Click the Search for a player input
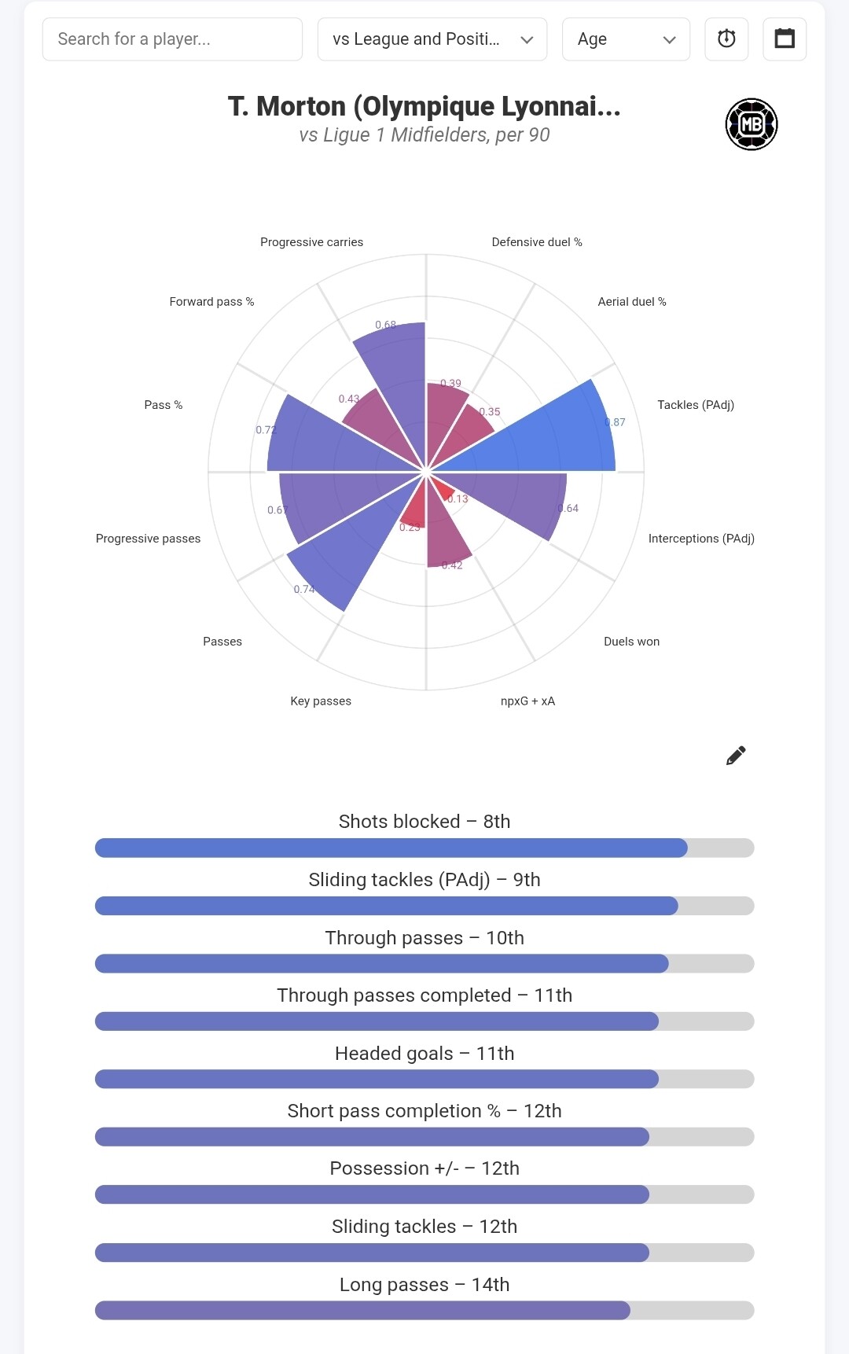[x=172, y=39]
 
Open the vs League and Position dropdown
[x=432, y=39]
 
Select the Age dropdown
[x=626, y=39]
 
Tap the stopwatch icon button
[x=726, y=39]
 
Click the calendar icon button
[x=785, y=39]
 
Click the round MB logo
[x=752, y=124]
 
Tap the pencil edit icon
[x=736, y=756]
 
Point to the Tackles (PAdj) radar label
[x=696, y=405]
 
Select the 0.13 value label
[x=458, y=499]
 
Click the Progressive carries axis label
[x=312, y=242]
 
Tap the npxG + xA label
[x=527, y=701]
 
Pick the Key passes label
[x=321, y=701]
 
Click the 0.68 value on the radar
[x=385, y=325]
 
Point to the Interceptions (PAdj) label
[x=701, y=539]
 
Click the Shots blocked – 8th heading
[x=424, y=822]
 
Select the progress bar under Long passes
[x=424, y=1310]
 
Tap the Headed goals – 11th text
[x=424, y=1054]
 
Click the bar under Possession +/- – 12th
[x=424, y=1194]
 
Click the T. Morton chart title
[x=424, y=106]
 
